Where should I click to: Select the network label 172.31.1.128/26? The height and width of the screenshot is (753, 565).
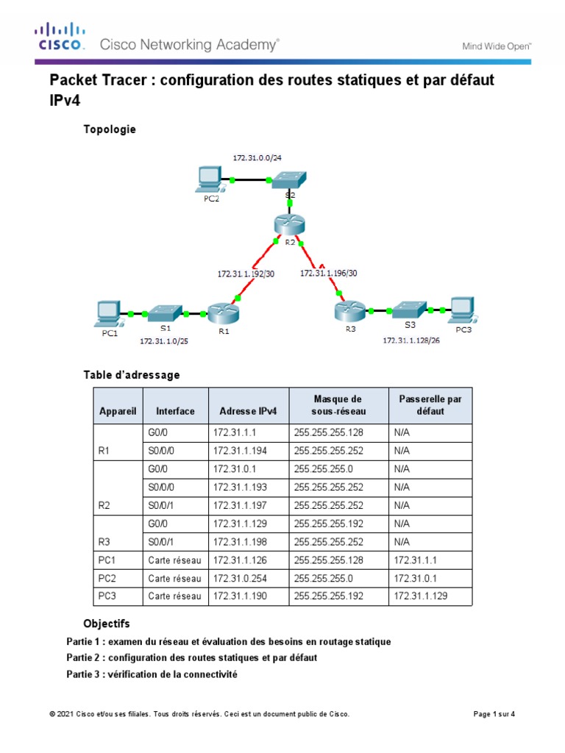tap(411, 341)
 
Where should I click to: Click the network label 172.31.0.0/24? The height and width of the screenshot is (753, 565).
tap(256, 158)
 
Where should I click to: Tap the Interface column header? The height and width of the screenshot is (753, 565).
tap(175, 411)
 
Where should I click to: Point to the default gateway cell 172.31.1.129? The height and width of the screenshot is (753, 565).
tap(421, 596)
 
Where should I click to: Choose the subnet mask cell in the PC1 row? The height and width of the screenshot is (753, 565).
tap(328, 560)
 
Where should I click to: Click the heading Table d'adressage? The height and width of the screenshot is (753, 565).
tap(132, 375)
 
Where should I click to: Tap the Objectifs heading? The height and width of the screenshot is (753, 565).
tap(107, 623)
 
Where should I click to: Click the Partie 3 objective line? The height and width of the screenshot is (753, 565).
tap(152, 674)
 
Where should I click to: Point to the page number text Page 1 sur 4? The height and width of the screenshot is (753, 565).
tap(493, 714)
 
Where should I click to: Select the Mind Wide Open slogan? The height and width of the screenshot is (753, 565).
tap(497, 46)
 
